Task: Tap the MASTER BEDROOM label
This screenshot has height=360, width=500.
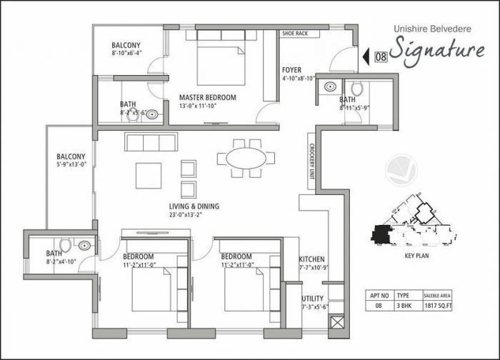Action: point(207,97)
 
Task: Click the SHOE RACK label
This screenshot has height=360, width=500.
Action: point(295,33)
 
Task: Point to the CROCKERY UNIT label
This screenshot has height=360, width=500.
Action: point(312,162)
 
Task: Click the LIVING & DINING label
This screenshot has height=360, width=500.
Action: point(194,206)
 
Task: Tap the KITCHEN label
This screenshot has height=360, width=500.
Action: point(312,259)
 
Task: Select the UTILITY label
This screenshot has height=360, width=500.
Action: point(312,298)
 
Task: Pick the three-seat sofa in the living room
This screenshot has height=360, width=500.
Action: point(151,142)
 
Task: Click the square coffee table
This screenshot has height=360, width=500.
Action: point(149,175)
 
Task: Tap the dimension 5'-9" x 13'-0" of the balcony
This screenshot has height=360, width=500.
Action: point(71,164)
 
